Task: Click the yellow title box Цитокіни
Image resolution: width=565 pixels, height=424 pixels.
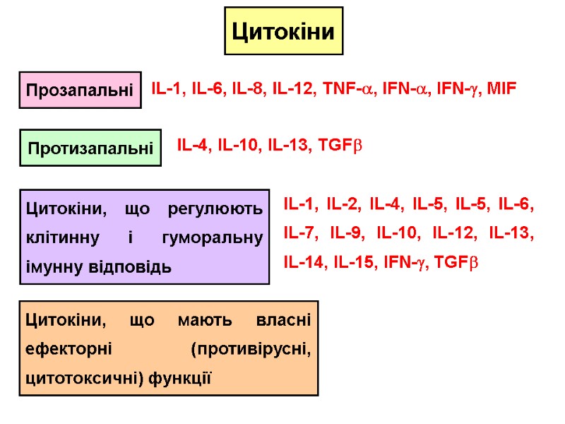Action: [x=283, y=31]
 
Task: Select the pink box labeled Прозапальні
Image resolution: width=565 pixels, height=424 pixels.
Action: [x=80, y=90]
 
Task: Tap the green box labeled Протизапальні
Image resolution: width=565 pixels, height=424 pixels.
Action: [x=90, y=148]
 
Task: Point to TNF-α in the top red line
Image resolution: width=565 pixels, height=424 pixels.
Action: [x=347, y=89]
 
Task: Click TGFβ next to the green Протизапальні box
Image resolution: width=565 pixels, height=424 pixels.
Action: [x=340, y=146]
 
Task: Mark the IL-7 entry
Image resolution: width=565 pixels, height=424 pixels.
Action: [x=299, y=233]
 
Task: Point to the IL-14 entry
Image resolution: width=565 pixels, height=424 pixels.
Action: [x=304, y=262]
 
